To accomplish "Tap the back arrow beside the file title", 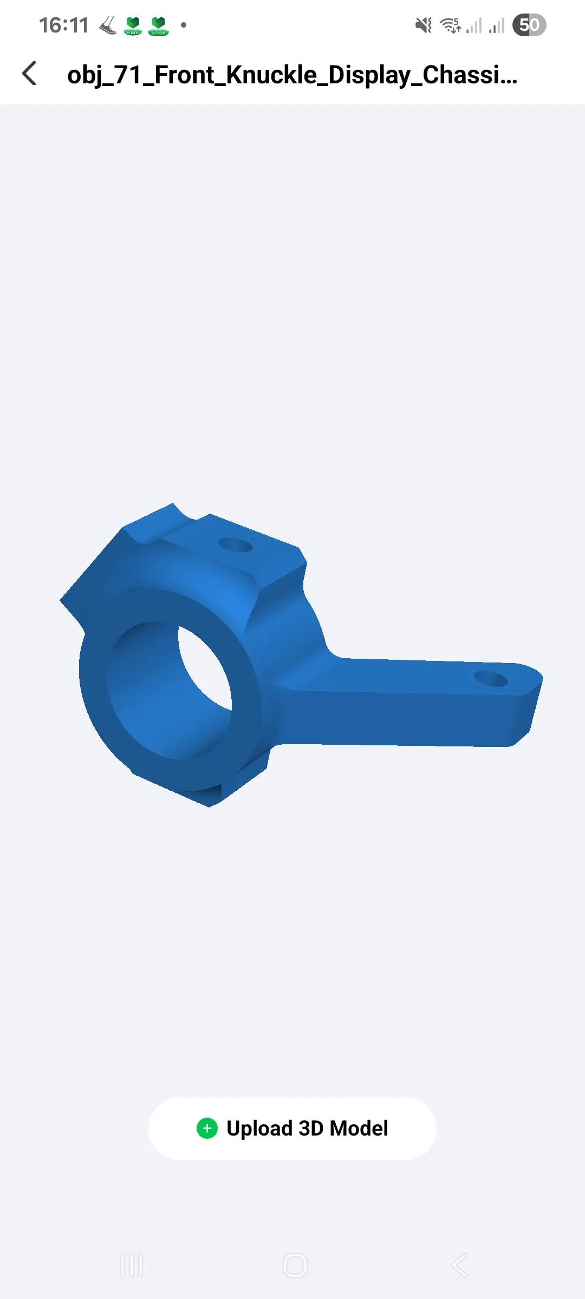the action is point(30,73).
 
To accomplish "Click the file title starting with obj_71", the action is point(292,75).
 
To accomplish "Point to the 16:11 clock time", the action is point(63,25).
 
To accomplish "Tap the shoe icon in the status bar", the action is point(108,25).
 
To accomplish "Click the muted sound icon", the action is point(424,25).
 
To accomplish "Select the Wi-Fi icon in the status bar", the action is point(450,25).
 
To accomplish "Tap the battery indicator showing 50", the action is point(529,25).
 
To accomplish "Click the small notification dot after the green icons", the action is point(184,25).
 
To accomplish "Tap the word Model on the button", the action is point(359,1129).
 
